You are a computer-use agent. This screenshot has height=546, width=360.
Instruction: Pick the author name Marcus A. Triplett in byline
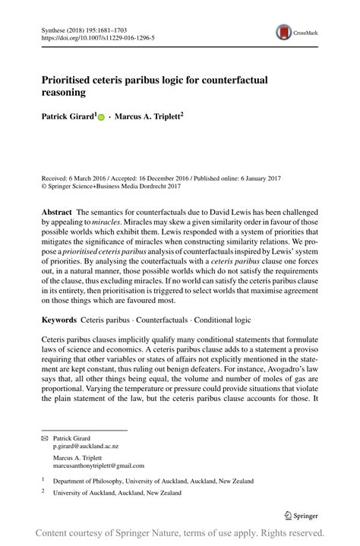point(149,118)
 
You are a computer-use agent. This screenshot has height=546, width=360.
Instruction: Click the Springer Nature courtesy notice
point(180,534)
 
